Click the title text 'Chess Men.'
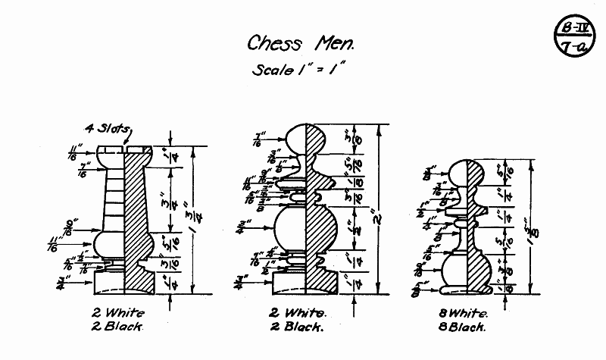coord(301,43)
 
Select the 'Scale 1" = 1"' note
coord(299,71)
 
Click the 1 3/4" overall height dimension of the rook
coord(195,220)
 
